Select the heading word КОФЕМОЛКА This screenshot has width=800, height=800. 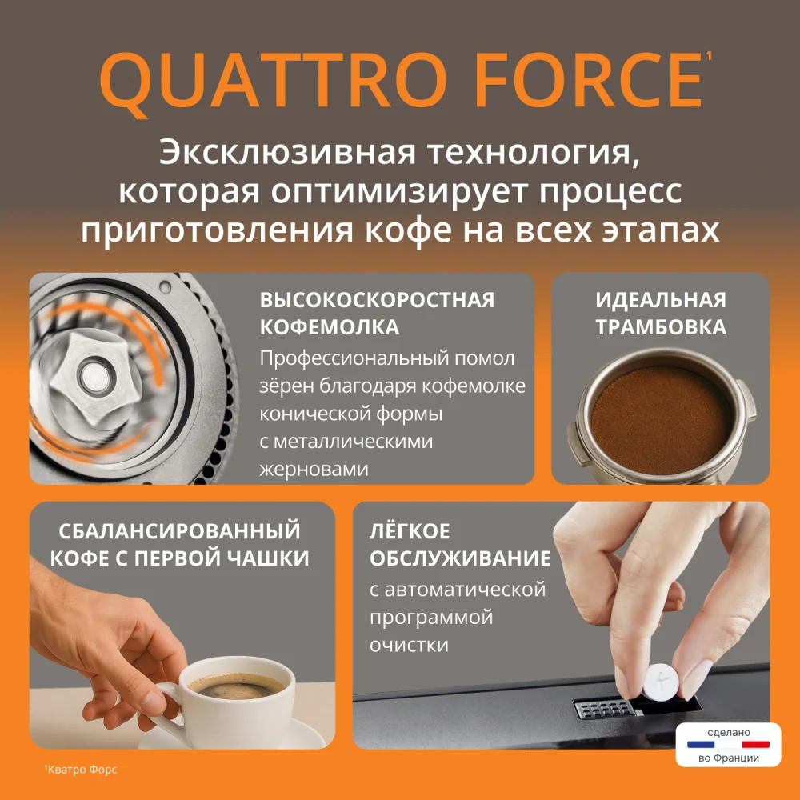click(x=330, y=327)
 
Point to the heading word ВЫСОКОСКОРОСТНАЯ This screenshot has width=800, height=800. click(x=377, y=299)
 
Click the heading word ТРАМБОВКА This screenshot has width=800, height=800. click(x=661, y=327)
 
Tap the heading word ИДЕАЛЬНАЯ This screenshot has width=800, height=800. click(x=661, y=299)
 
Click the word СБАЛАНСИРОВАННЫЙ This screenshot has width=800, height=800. click(x=179, y=530)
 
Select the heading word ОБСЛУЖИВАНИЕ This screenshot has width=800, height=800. click(x=460, y=558)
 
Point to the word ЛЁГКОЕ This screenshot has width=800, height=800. click(x=410, y=530)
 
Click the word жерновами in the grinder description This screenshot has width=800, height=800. click(x=314, y=469)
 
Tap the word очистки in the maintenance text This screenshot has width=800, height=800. click(x=409, y=645)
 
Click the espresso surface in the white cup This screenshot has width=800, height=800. click(x=237, y=686)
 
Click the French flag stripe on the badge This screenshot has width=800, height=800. click(x=728, y=744)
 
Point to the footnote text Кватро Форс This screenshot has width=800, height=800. click(x=82, y=770)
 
